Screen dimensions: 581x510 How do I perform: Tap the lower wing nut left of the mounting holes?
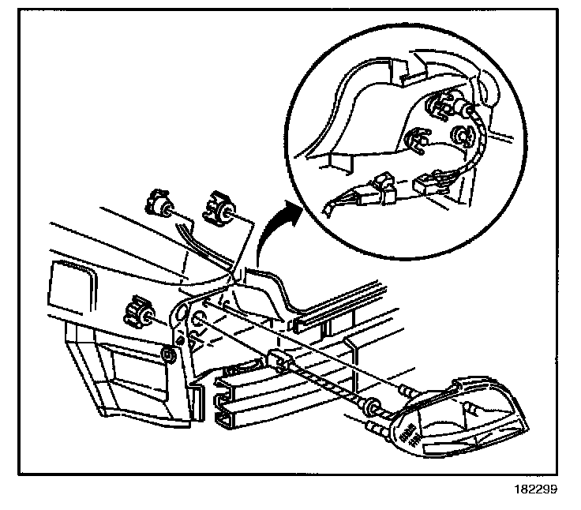point(137,313)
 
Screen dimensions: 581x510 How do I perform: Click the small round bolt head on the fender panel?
point(167,352)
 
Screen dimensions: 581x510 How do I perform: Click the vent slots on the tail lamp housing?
point(408,435)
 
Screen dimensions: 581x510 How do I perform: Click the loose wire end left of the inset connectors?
point(329,208)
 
